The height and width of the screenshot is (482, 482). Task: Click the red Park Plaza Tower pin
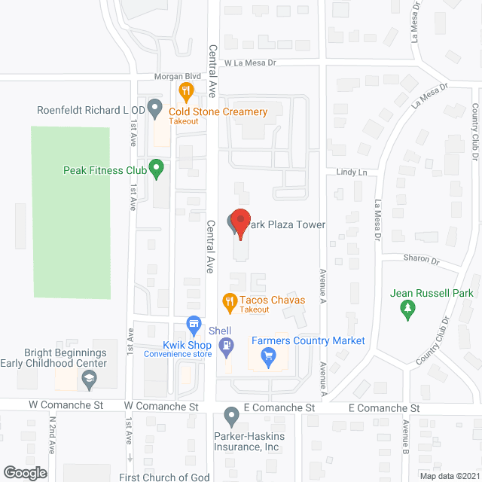tap(239, 222)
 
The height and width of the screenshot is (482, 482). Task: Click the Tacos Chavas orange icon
tap(230, 301)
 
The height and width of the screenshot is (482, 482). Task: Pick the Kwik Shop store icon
tap(194, 325)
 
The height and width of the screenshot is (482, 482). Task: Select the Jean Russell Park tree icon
tap(407, 307)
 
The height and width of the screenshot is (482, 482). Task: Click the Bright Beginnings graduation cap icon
tap(90, 382)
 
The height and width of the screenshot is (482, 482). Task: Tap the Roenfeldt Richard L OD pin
tap(154, 108)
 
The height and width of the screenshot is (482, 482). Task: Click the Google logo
tap(25, 472)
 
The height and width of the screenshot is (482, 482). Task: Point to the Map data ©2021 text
tap(449, 475)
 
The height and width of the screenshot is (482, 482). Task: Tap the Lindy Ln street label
tap(352, 172)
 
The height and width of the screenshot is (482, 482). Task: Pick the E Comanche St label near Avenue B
tap(383, 408)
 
